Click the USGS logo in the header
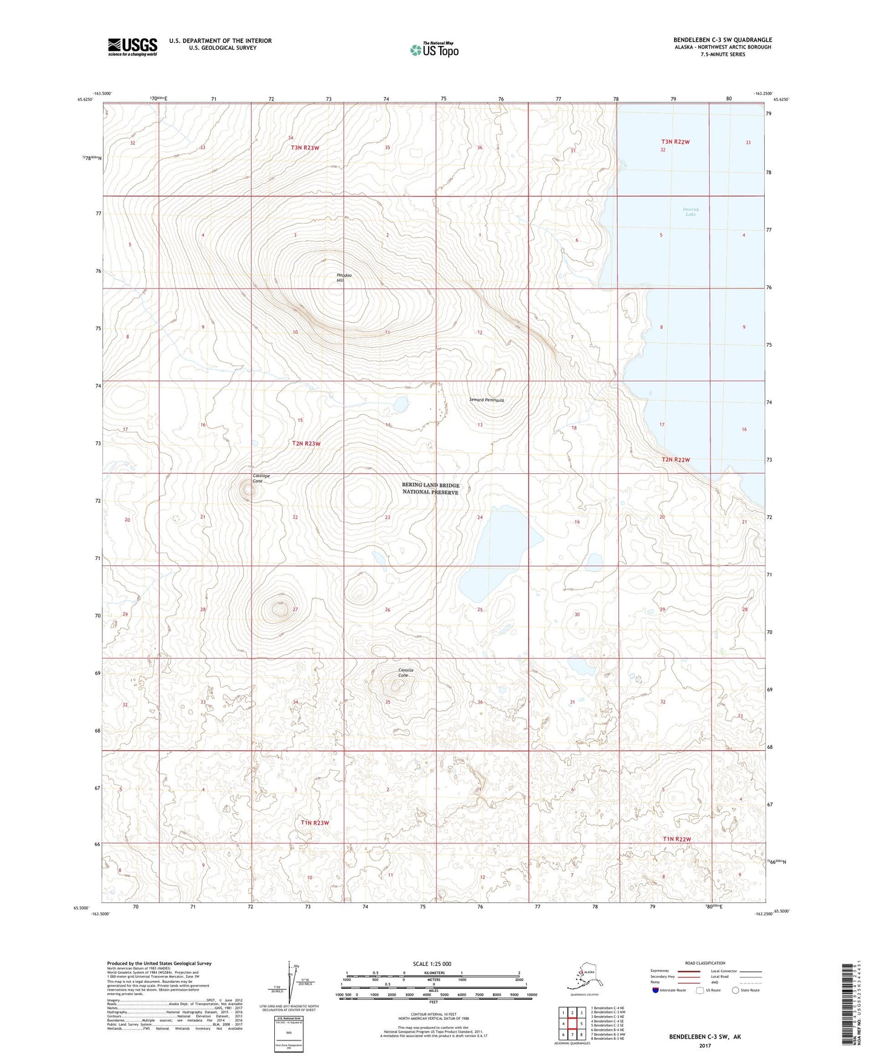tap(132, 47)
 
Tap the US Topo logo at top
tap(434, 49)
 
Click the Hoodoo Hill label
tap(345, 278)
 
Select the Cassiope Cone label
tap(257, 478)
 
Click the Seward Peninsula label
tap(486, 400)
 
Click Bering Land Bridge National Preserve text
tap(431, 488)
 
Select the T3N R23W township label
tap(305, 148)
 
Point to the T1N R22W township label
tap(676, 839)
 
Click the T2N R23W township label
tap(306, 444)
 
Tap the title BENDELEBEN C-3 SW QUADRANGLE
tap(722, 40)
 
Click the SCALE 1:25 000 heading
tap(432, 963)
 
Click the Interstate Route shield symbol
tap(656, 990)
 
